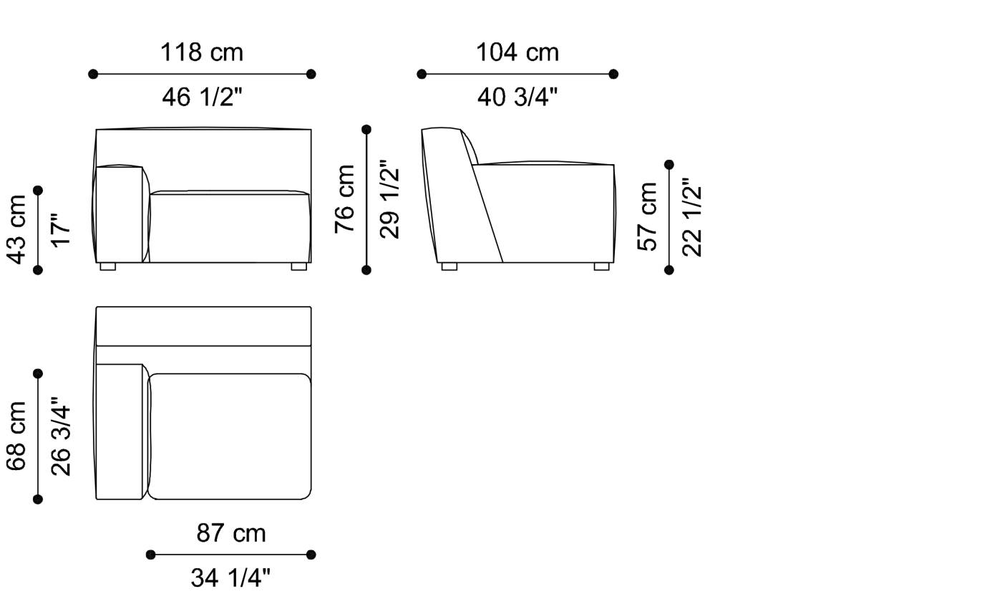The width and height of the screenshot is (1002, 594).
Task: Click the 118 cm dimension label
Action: pyautogui.click(x=202, y=52)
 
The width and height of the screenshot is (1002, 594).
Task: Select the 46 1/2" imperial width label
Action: pyautogui.click(x=202, y=97)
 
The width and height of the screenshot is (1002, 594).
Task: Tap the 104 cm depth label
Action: pyautogui.click(x=517, y=52)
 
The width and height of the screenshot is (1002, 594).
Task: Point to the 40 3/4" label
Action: pyautogui.click(x=517, y=97)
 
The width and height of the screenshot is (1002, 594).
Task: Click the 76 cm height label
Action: pyautogui.click(x=346, y=198)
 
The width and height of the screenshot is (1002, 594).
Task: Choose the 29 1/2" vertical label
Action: pyautogui.click(x=390, y=198)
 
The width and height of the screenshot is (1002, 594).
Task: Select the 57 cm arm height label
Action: pyautogui.click(x=648, y=216)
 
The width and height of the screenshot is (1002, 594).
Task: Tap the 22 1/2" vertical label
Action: pyautogui.click(x=692, y=216)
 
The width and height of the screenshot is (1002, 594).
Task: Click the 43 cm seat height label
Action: pyautogui.click(x=16, y=229)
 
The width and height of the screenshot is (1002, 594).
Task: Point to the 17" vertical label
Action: pyautogui.click(x=61, y=229)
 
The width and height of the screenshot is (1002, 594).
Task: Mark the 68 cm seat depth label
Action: pyautogui.click(x=16, y=436)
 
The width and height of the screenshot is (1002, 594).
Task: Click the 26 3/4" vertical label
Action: pyautogui.click(x=61, y=436)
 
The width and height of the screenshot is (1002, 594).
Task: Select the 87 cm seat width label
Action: pyautogui.click(x=230, y=533)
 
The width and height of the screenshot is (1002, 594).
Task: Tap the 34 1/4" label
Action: pyautogui.click(x=230, y=578)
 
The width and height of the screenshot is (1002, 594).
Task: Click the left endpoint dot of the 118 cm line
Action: pyautogui.click(x=93, y=74)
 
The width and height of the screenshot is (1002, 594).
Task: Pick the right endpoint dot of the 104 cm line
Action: pyautogui.click(x=613, y=74)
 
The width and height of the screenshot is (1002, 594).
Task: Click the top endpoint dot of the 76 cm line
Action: pyautogui.click(x=366, y=130)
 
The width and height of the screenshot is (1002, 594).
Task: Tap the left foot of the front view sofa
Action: pyautogui.click(x=107, y=267)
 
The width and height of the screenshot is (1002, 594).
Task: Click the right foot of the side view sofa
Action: pyautogui.click(x=601, y=267)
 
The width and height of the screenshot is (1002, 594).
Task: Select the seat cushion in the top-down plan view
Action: pyautogui.click(x=229, y=436)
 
